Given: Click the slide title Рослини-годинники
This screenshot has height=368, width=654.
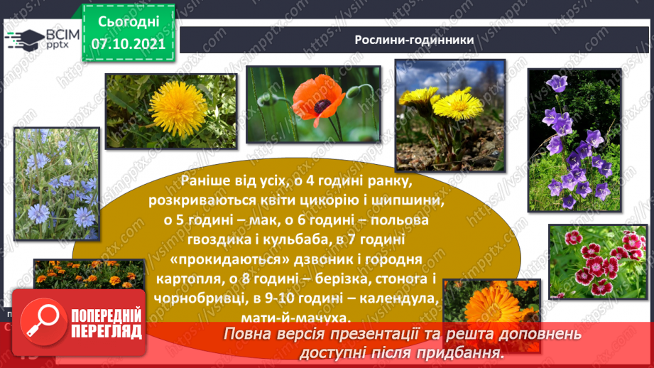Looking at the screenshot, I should coord(414,40).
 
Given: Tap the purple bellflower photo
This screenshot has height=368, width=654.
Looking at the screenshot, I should coord(573,140).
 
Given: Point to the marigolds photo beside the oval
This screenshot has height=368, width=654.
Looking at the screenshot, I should coord(78,275).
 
